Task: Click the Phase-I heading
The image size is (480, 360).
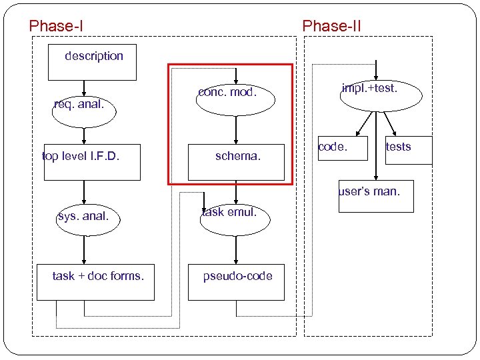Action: (x=56, y=26)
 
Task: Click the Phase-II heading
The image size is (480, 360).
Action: (x=331, y=26)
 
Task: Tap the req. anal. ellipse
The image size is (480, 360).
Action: (x=84, y=110)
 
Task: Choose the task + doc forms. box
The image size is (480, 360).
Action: (x=97, y=281)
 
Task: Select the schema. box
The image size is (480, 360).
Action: (x=236, y=162)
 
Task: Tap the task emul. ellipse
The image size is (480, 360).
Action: (x=235, y=219)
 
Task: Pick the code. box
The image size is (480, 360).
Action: (x=333, y=149)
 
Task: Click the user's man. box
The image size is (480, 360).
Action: (x=375, y=196)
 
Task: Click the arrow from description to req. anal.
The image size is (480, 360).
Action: (x=84, y=87)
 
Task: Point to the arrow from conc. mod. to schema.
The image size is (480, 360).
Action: (x=235, y=129)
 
